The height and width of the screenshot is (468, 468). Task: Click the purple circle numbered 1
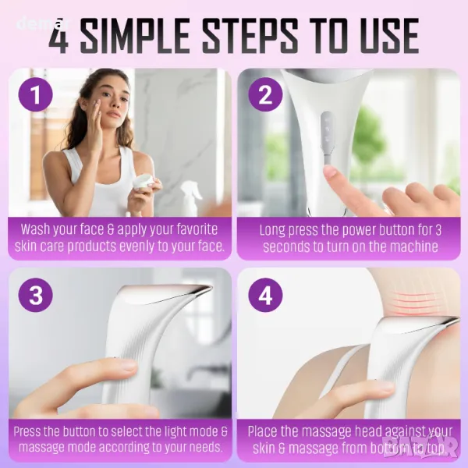[x=36, y=94]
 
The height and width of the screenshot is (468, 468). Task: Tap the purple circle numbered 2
[x=265, y=94]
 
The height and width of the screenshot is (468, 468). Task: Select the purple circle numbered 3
[x=36, y=295]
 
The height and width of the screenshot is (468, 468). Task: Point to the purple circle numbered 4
[x=265, y=295]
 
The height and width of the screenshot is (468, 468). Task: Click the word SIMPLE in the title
[x=135, y=36]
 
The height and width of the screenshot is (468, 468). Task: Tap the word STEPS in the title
[x=250, y=36]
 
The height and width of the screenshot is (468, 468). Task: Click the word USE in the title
[x=388, y=36]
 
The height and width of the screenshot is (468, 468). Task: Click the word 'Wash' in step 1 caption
[x=35, y=229]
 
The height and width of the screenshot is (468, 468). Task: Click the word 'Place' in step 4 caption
[x=263, y=431]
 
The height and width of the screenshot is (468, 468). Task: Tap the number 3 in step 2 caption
[x=438, y=230]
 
